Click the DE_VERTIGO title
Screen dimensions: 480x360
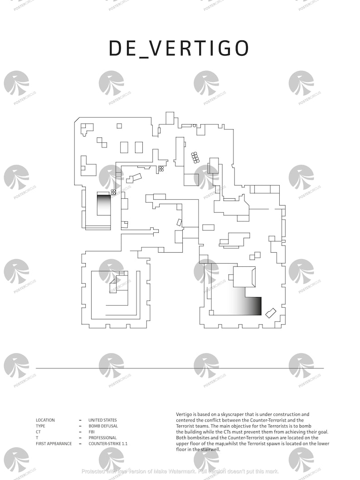(179, 48)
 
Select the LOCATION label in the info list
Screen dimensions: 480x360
(45, 420)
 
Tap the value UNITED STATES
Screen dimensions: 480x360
(102, 420)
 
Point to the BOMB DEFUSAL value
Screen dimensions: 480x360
(103, 426)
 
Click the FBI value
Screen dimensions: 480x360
(91, 432)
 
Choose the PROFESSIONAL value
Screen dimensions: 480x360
(102, 438)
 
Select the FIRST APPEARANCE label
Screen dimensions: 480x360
(54, 444)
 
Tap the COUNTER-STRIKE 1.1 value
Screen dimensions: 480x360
(108, 444)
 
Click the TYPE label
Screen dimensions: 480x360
(40, 426)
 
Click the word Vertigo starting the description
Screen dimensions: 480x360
(184, 414)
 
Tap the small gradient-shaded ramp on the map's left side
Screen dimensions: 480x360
(104, 204)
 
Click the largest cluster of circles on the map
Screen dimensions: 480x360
(195, 157)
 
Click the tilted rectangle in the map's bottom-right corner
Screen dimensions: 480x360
(271, 313)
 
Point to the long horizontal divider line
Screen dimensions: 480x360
(180, 368)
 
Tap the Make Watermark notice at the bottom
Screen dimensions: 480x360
(180, 471)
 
